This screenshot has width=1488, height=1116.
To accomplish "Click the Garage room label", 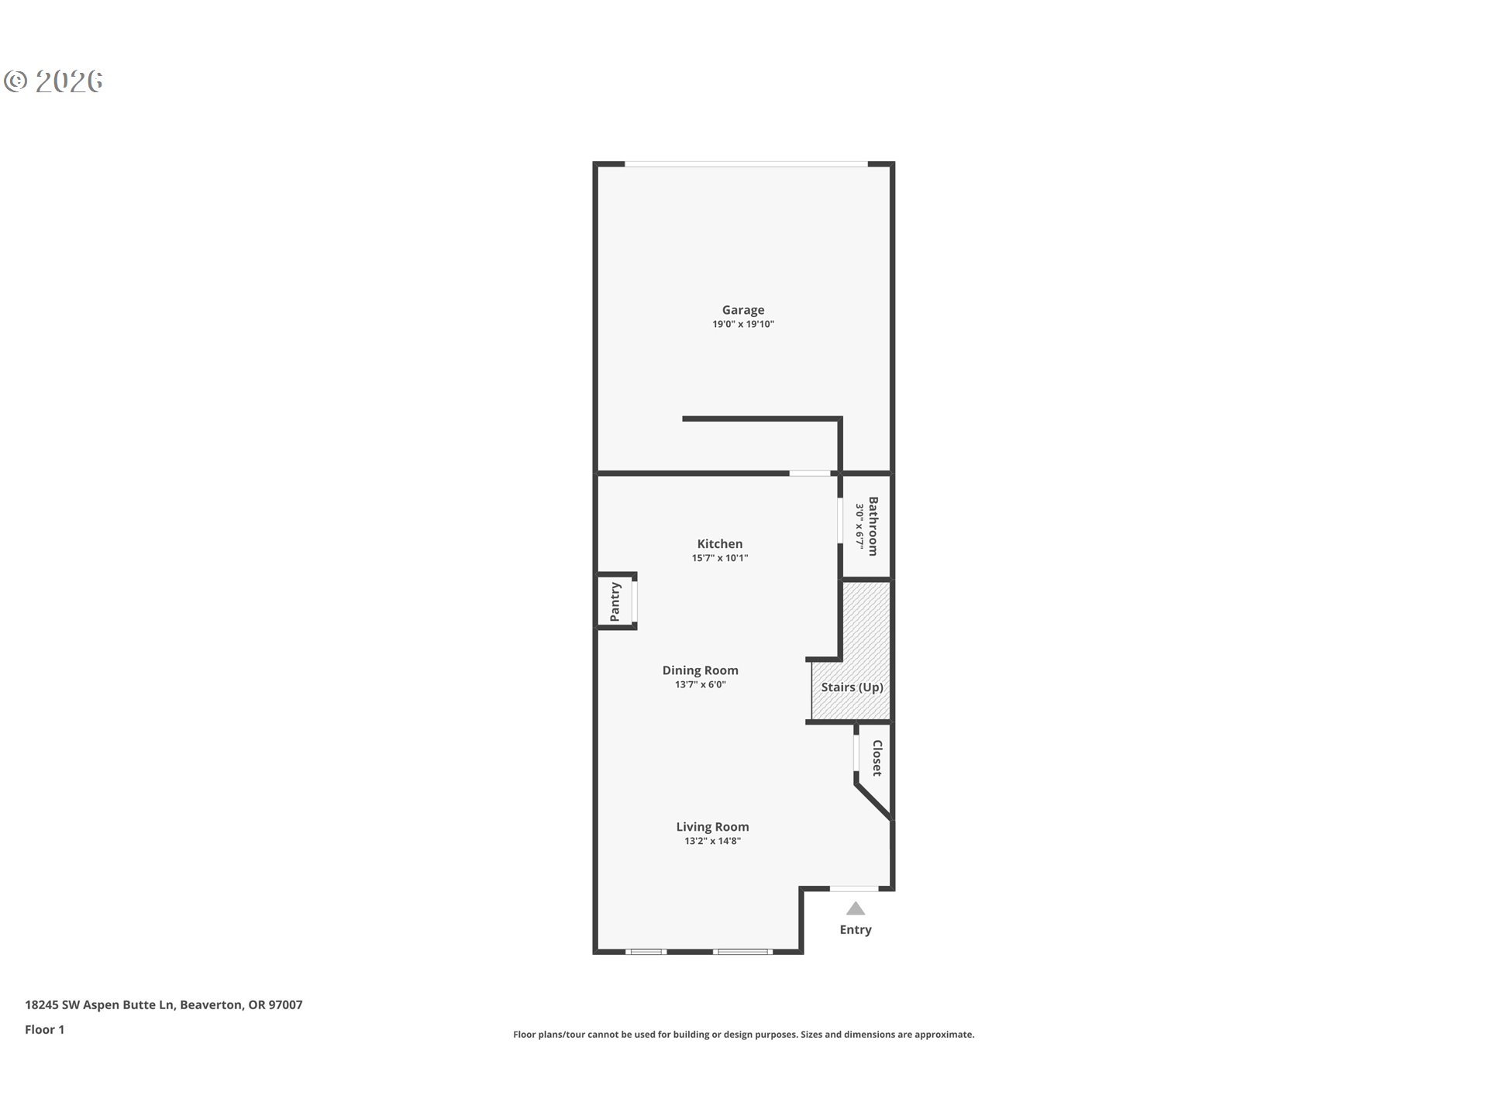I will click(742, 310).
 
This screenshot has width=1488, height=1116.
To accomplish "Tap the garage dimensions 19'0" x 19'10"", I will click(742, 325).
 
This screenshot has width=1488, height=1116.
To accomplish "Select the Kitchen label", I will click(719, 544).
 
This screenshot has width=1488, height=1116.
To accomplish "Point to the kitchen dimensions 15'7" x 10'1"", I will click(719, 558).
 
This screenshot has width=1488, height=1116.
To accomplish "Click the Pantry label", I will click(615, 601).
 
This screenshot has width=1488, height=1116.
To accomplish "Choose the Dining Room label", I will click(700, 670).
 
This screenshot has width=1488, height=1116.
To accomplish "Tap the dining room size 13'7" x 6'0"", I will click(700, 684).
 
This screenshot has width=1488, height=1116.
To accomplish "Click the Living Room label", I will click(712, 827).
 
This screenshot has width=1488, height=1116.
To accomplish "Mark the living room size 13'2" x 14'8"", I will click(712, 841).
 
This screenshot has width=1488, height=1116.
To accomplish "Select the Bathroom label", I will click(873, 526).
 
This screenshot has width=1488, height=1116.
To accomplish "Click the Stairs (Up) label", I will click(852, 687).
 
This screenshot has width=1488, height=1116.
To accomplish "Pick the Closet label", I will click(877, 758).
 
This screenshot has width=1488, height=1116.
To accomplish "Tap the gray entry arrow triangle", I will click(855, 909).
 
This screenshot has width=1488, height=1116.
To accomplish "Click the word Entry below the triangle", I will click(855, 930).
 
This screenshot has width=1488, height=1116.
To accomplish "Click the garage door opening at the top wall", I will click(746, 164).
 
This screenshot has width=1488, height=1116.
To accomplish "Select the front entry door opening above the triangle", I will click(854, 888).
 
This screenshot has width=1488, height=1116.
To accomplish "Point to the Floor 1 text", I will click(45, 1029).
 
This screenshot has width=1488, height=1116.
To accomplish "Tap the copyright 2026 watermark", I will click(53, 81).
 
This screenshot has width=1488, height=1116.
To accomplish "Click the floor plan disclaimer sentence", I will click(743, 1035).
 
